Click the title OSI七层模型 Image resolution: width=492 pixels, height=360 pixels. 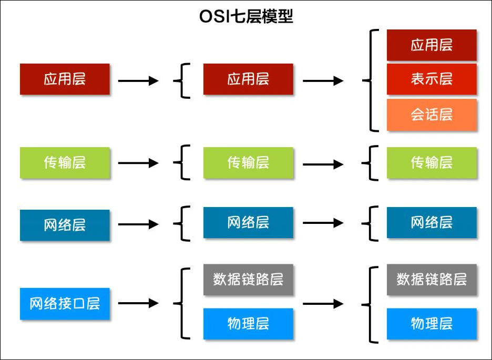[x=246, y=17]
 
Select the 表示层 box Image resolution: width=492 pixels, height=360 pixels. [x=432, y=79]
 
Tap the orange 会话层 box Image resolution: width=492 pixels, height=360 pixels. [x=432, y=115]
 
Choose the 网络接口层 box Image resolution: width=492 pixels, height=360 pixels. [x=65, y=303]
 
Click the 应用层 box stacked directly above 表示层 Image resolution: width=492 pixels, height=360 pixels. [x=432, y=45]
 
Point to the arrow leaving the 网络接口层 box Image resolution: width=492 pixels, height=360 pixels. [x=138, y=303]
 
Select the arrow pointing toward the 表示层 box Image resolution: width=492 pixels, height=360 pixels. [x=323, y=81]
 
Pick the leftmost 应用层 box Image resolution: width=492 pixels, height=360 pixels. [x=65, y=79]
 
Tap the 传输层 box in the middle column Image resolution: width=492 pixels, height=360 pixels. [x=248, y=163]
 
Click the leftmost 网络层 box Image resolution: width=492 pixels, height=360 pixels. [x=65, y=225]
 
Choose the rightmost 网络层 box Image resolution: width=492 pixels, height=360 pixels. [x=432, y=222]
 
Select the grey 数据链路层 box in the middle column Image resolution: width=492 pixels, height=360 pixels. [x=248, y=280]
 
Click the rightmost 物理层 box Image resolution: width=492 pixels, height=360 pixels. [x=432, y=323]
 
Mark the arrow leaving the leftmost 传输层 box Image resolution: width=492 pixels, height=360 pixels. [x=138, y=163]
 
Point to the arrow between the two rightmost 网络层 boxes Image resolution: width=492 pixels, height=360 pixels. [x=323, y=223]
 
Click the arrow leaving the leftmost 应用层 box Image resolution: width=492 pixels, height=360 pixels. [x=138, y=81]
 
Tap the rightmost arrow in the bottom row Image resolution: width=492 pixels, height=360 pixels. [x=323, y=303]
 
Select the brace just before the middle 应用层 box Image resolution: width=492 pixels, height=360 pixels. [x=181, y=80]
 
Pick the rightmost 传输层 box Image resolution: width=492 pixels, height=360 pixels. [x=432, y=163]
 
